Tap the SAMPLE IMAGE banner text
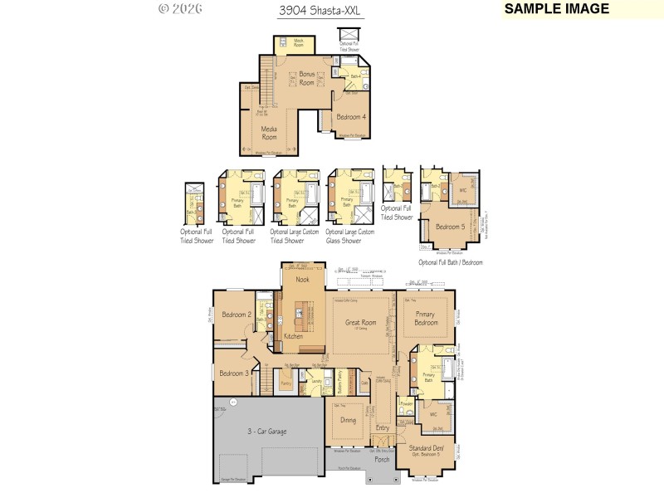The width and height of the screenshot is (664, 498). click(556, 9)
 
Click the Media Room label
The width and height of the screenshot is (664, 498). click(269, 132)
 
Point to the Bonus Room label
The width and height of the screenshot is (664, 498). click(307, 78)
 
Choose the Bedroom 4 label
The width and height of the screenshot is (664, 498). click(351, 116)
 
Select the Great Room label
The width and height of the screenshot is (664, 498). click(361, 322)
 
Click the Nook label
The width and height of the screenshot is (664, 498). click(303, 280)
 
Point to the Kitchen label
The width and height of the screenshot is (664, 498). click(294, 336)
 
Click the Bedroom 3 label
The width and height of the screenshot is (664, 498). click(233, 373)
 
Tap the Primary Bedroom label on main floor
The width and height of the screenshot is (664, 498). click(428, 319)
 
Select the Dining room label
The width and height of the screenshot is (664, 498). click(348, 420)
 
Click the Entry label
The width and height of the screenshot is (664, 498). click(382, 427)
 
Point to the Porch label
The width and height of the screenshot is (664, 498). click(382, 458)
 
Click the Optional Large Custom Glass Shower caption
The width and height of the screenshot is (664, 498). click(350, 237)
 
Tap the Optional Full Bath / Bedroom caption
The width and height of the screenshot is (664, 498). click(450, 262)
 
